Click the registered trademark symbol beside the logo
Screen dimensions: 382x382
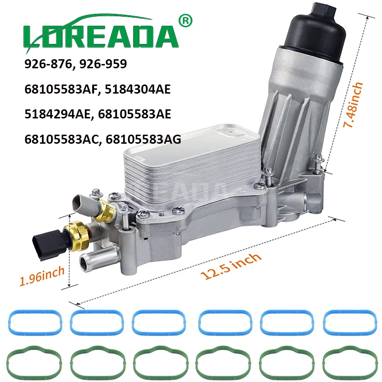[x=185, y=21]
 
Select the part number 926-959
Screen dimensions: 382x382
[x=103, y=64]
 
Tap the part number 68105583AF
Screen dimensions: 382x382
[x=63, y=89]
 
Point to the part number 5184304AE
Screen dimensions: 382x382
[x=138, y=89]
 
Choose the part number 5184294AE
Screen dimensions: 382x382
[x=57, y=114]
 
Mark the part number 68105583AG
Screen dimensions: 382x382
[x=143, y=139]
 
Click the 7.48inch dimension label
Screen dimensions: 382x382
[x=353, y=105]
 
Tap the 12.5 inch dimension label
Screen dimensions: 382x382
[x=231, y=266]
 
